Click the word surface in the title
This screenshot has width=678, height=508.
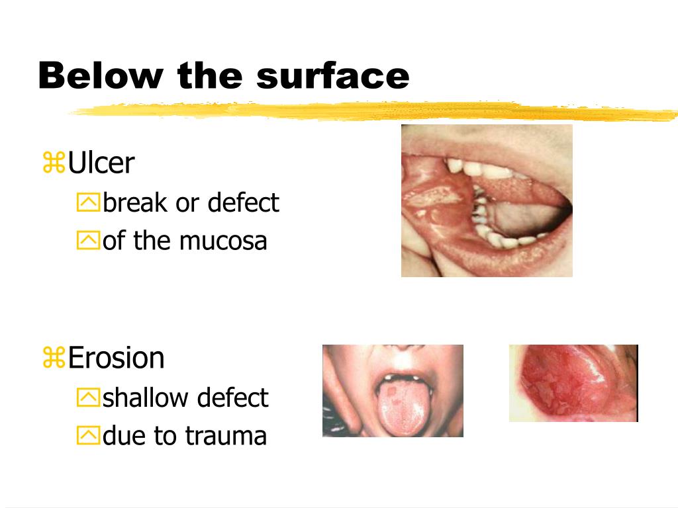pyautogui.click(x=333, y=76)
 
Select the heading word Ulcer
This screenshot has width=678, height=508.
pyautogui.click(x=101, y=163)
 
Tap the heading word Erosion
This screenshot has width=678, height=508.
pyautogui.click(x=116, y=358)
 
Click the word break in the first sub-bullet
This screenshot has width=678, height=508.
pyautogui.click(x=135, y=202)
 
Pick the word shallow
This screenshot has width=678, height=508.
pyautogui.click(x=140, y=398)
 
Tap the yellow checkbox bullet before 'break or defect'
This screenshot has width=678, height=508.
pyautogui.click(x=87, y=203)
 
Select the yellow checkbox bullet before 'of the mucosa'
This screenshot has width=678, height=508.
pyautogui.click(x=87, y=241)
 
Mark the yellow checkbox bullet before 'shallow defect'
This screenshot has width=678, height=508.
pyautogui.click(x=87, y=398)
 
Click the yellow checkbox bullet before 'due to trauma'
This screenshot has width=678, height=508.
pyautogui.click(x=87, y=437)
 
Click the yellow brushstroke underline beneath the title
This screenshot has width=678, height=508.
pyautogui.click(x=371, y=112)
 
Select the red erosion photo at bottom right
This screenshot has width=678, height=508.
pyautogui.click(x=573, y=383)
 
